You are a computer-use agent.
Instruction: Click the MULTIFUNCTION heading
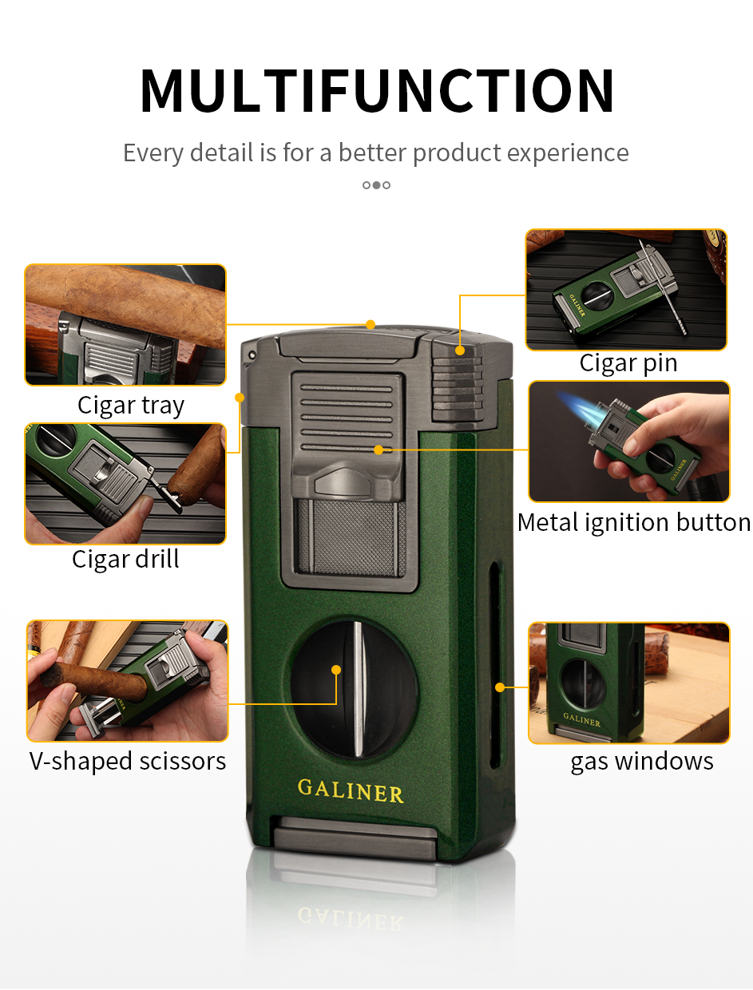point(377,90)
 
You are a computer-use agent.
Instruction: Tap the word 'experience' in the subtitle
point(568,153)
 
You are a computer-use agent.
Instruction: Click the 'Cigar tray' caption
point(131,406)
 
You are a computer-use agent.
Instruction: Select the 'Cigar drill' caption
point(125,560)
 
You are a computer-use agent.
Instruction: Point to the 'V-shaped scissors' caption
point(128,762)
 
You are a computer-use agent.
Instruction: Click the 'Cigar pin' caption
point(628,363)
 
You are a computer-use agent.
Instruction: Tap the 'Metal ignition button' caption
point(634,523)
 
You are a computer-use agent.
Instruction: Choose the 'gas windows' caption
point(642,762)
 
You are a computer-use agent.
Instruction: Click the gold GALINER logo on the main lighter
point(351,791)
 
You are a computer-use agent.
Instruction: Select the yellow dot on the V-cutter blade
point(336,670)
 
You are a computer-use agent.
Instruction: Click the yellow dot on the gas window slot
point(500,687)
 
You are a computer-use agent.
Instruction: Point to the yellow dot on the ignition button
point(378,449)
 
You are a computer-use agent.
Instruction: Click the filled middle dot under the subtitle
point(377,185)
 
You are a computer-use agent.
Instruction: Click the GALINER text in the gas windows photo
point(581,719)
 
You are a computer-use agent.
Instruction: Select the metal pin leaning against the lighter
point(662,289)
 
